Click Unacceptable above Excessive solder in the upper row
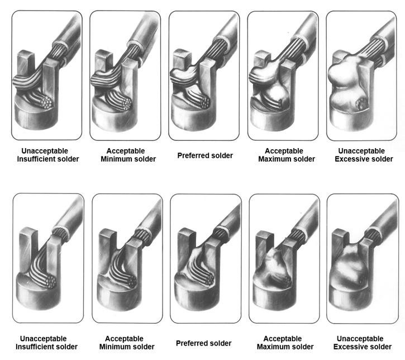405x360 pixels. point(361,151)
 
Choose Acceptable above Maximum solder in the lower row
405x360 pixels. point(283,339)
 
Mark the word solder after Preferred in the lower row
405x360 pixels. point(220,343)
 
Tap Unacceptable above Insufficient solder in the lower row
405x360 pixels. point(44,339)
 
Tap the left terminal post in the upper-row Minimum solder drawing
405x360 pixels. point(103,62)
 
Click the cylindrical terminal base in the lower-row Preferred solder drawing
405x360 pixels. point(194,295)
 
